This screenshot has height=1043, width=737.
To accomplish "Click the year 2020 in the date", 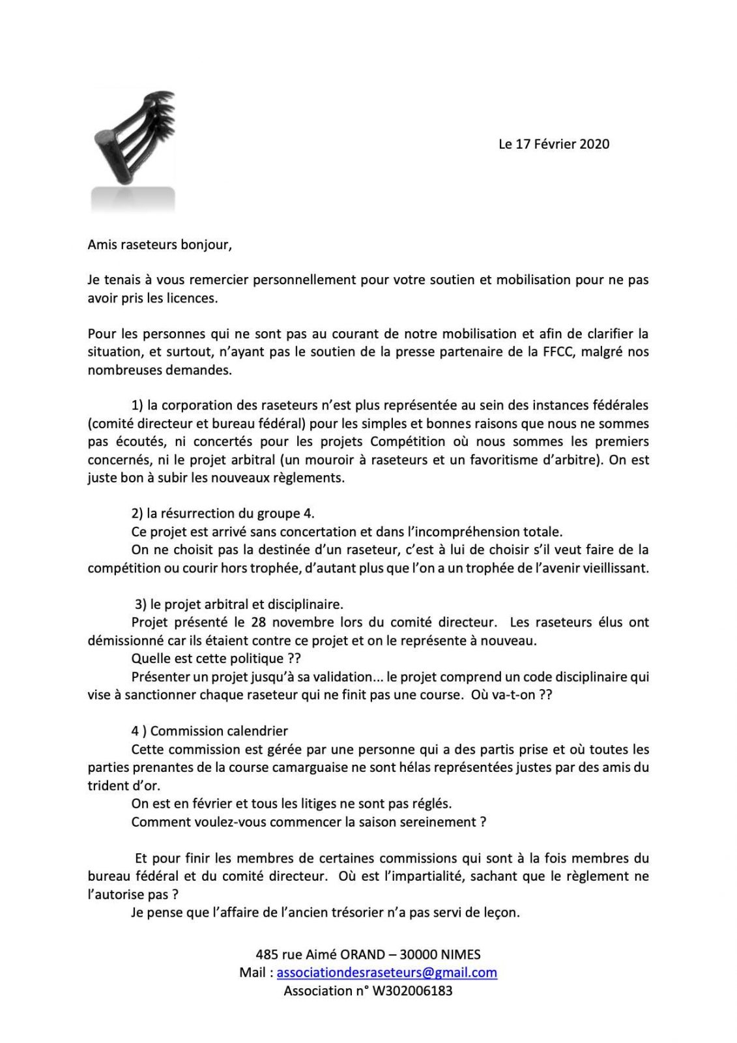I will click(594, 144).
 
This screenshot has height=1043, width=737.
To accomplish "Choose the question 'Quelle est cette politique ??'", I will click(216, 658).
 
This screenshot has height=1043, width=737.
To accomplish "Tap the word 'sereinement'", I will click(443, 822).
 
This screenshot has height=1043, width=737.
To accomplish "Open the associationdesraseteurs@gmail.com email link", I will click(386, 973).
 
